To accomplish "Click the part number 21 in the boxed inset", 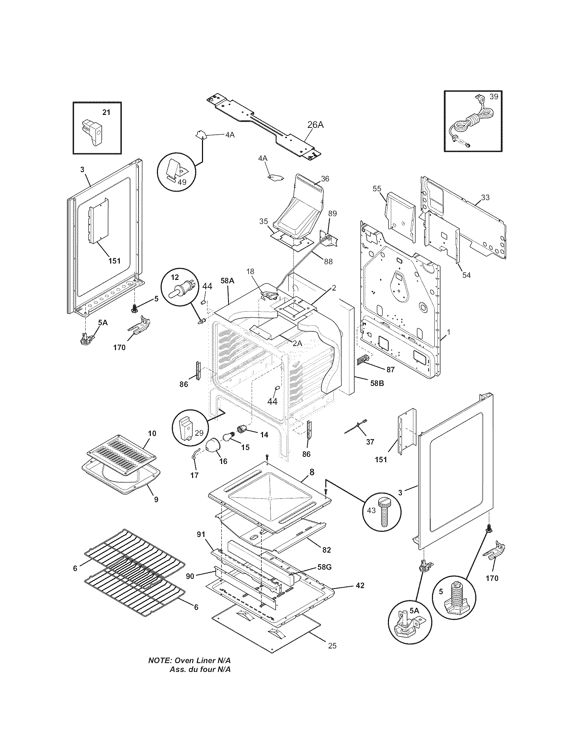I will (106, 112).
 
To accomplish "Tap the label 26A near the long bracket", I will (315, 125).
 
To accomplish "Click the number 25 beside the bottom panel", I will (332, 646).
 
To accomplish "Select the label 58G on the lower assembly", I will (324, 567).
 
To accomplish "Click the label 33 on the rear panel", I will (485, 197).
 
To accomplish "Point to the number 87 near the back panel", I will (390, 370).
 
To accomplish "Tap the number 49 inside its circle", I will (182, 182).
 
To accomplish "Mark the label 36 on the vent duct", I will (325, 179).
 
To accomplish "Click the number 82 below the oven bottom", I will (327, 550).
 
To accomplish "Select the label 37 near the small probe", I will (370, 442).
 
